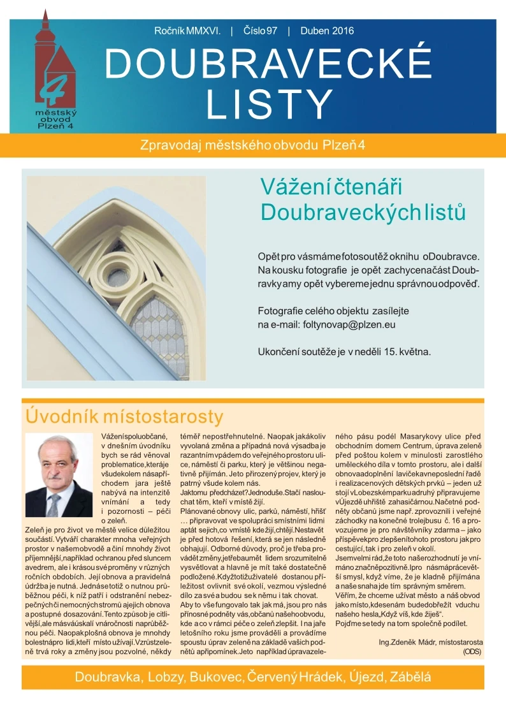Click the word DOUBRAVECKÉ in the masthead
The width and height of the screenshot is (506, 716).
pyautogui.click(x=268, y=63)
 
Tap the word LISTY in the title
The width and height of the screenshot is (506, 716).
pyautogui.click(x=270, y=103)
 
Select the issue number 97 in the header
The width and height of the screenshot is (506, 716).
pyautogui.click(x=269, y=31)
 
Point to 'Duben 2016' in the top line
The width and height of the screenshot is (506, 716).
pyautogui.click(x=326, y=31)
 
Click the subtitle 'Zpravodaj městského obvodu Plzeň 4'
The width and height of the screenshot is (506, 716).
pyautogui.click(x=252, y=145)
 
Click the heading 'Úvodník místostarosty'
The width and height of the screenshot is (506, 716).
pyautogui.click(x=124, y=417)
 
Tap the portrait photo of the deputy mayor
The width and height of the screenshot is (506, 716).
pyautogui.click(x=59, y=475)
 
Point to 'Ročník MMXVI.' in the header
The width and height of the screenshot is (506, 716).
pyautogui.click(x=187, y=31)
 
